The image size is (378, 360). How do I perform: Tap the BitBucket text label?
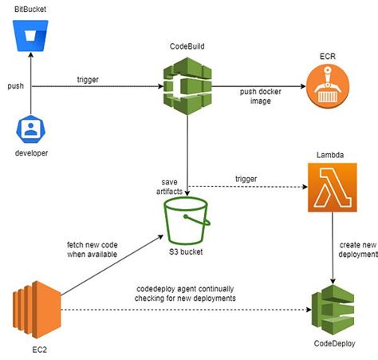pos(30,9)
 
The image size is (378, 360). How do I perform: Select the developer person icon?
pos(30,131)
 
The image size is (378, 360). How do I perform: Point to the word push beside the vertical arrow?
pos(18,85)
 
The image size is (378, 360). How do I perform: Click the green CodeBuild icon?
pos(186,85)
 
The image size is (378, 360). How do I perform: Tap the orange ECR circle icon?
pos(328,85)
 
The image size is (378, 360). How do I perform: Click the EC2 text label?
pos(32,346)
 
